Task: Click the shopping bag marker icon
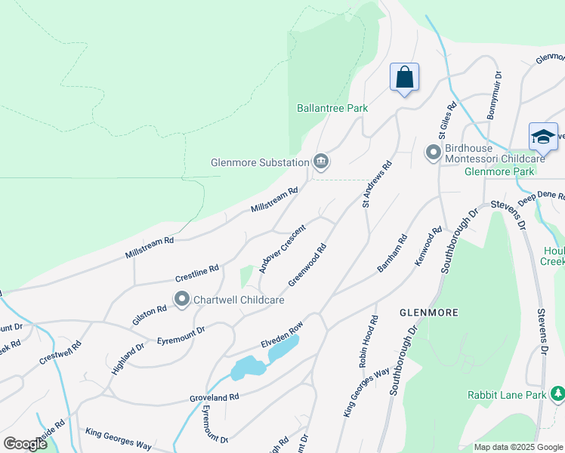click(404, 77)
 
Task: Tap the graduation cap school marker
click(543, 137)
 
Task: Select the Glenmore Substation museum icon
click(320, 161)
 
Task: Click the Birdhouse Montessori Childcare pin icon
click(433, 153)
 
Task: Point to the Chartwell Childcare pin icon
click(182, 300)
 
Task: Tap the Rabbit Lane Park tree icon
click(557, 394)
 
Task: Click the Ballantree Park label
click(332, 108)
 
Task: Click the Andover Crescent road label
click(282, 248)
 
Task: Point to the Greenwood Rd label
click(307, 265)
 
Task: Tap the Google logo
click(25, 443)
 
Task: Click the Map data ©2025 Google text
click(517, 447)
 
